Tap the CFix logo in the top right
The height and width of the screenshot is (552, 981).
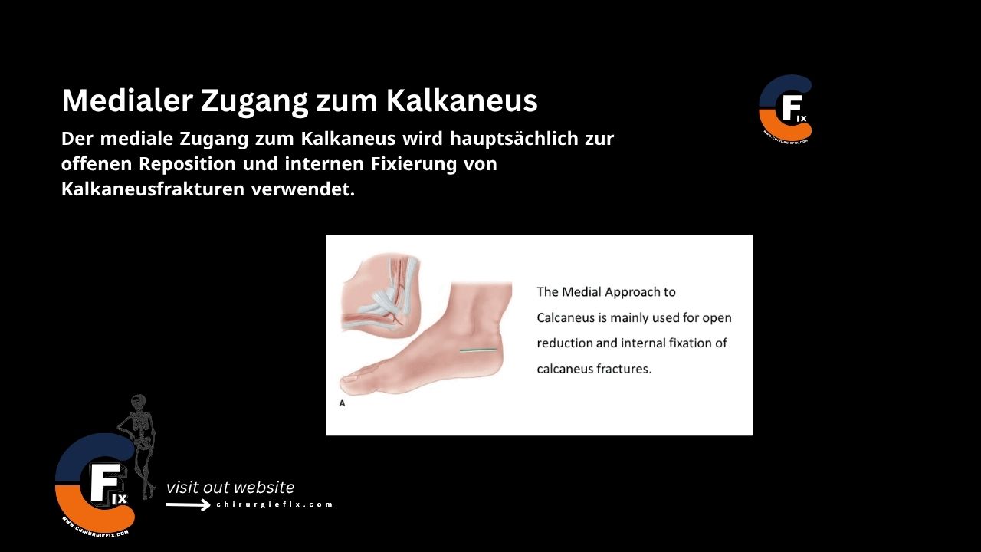[785, 109]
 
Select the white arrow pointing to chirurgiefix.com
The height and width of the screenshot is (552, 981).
[188, 505]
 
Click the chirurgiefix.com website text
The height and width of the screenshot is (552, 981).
[274, 504]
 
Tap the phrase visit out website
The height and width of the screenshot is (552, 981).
[230, 488]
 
